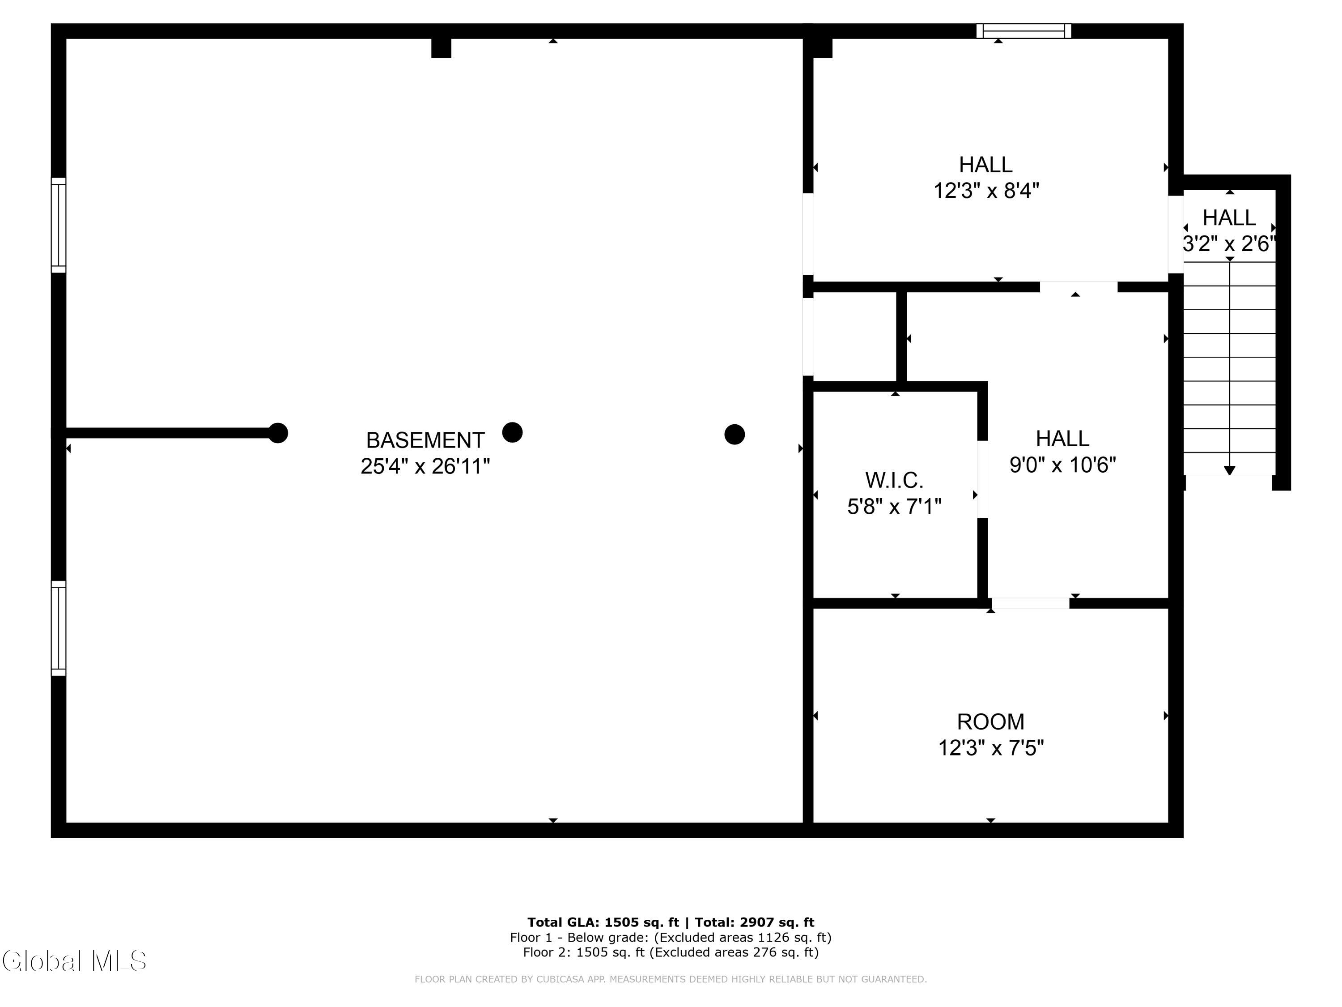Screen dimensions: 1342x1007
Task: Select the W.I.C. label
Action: (894, 481)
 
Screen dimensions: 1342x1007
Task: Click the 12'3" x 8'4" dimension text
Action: (986, 191)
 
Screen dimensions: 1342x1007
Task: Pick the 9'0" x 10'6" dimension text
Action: (1062, 465)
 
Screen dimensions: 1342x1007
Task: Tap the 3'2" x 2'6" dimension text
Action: (1229, 244)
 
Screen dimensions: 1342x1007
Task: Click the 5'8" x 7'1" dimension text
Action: (894, 506)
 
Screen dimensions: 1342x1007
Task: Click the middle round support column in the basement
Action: (512, 433)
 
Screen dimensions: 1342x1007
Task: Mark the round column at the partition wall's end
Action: (278, 433)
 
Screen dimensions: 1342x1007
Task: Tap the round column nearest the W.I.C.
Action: (734, 435)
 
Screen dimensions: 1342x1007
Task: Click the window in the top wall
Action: (1023, 31)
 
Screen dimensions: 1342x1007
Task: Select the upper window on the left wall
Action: (58, 225)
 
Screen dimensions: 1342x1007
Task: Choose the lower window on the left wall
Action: (58, 628)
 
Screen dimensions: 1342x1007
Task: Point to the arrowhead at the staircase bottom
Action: (1229, 470)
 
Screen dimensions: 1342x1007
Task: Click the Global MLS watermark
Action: (74, 961)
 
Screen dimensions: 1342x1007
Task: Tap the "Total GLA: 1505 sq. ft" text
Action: (603, 922)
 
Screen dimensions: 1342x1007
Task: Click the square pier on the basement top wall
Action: (441, 48)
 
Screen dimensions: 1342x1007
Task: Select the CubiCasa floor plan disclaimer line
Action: (671, 979)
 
